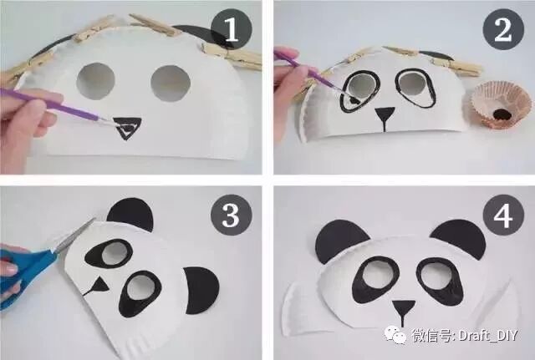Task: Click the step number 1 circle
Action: [x=232, y=30]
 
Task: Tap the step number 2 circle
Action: [x=503, y=30]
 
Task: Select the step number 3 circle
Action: [x=232, y=215]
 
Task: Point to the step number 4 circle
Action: [x=503, y=215]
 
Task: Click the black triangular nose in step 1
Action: [x=126, y=128]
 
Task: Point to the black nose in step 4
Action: [x=403, y=312]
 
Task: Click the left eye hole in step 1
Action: [x=95, y=81]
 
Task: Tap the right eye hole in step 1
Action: [x=171, y=84]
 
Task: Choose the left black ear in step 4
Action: [x=340, y=241]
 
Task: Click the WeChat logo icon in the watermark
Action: [x=395, y=334]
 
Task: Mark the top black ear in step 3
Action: [x=130, y=215]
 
